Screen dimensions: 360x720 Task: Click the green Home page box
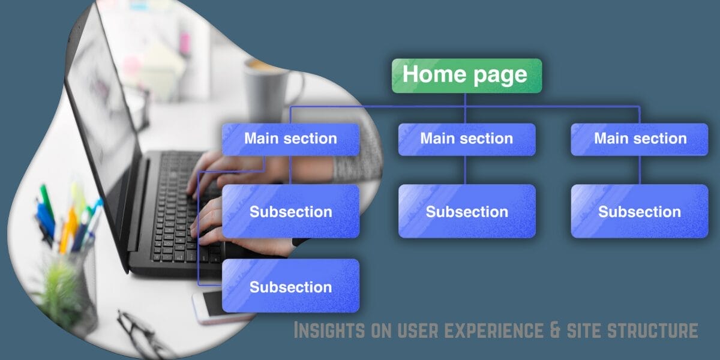click(466, 75)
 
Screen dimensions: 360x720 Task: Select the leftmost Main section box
click(290, 139)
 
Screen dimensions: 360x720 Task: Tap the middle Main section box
click(466, 139)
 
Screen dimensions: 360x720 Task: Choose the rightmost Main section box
click(640, 139)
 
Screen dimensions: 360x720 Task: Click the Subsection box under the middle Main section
click(466, 211)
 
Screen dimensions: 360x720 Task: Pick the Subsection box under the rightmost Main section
click(640, 211)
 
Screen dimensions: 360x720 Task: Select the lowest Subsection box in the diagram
click(290, 286)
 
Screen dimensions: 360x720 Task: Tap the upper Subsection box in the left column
click(290, 211)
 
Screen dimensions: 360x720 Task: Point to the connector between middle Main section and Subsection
click(466, 170)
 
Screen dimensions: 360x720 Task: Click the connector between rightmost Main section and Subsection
click(640, 170)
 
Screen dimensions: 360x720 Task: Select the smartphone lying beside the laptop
click(207, 306)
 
